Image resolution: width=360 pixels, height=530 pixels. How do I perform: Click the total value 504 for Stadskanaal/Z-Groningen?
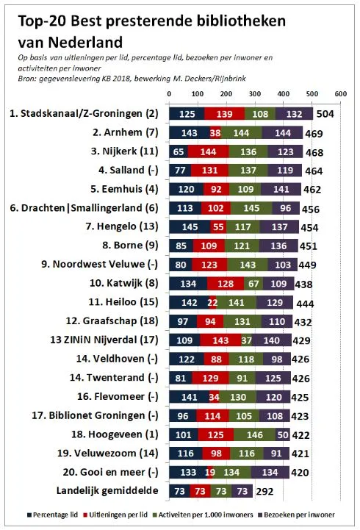point(326,114)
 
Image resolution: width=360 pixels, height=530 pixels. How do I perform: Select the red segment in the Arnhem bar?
point(215,133)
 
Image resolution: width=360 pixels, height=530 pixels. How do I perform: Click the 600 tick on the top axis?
point(340,94)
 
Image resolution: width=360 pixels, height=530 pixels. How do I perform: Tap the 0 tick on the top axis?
point(170,94)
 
